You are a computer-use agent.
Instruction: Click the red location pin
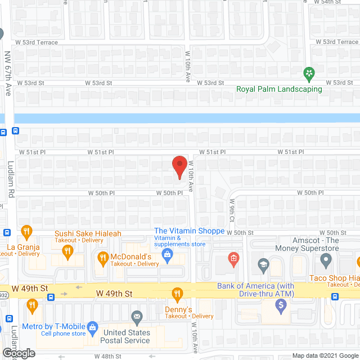point(179,167)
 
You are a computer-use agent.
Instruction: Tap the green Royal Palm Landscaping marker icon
point(308,73)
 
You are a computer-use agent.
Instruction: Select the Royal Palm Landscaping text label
point(279,89)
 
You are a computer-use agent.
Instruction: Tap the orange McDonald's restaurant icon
point(102,259)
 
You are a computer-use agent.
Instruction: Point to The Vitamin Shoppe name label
point(190,231)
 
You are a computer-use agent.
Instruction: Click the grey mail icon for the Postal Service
point(136,316)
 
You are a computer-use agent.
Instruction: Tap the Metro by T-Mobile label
point(53,326)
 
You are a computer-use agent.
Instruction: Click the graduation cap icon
point(263,264)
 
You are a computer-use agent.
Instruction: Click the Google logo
point(18,353)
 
